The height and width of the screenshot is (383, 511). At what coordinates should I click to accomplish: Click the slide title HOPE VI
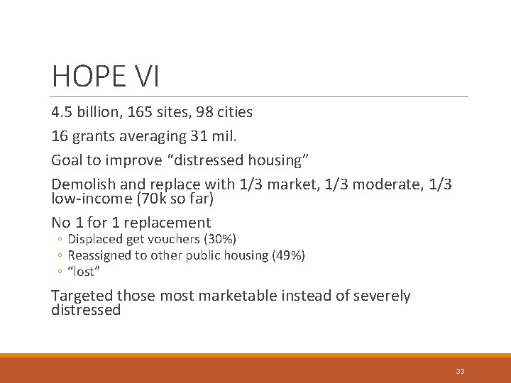[x=106, y=76]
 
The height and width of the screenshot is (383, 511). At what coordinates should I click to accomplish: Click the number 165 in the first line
[x=142, y=112]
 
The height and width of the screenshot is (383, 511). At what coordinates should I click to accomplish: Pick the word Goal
[x=67, y=160]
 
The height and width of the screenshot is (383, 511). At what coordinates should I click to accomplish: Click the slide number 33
[x=460, y=372]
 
